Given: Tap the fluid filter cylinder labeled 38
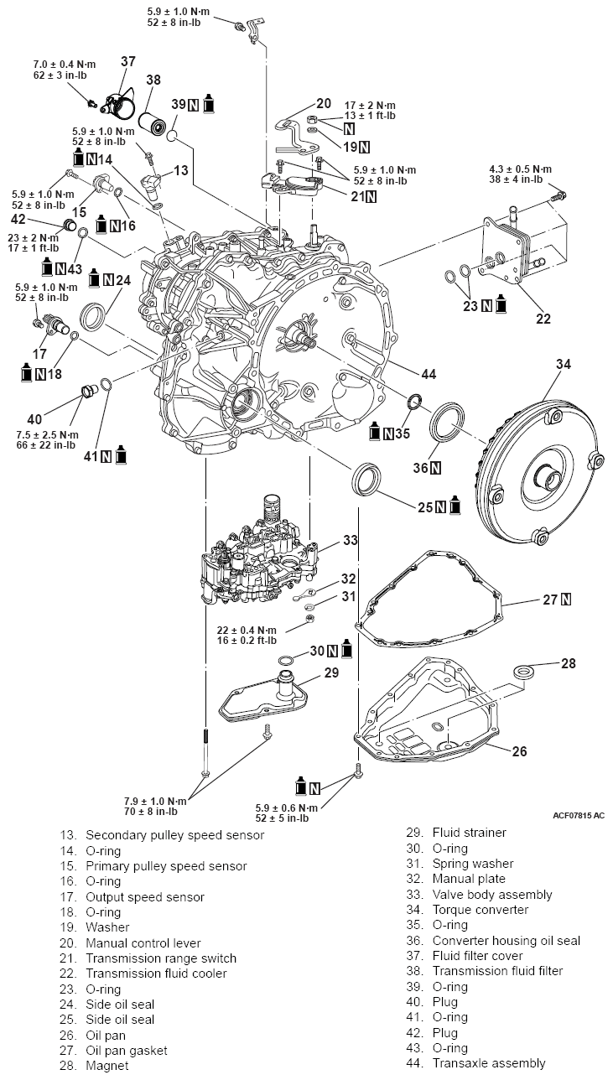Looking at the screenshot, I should (153, 114).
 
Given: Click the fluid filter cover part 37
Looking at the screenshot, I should (114, 101).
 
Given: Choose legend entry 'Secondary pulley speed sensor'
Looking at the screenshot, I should (174, 835).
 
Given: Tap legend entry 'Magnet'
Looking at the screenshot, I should (106, 1065).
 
